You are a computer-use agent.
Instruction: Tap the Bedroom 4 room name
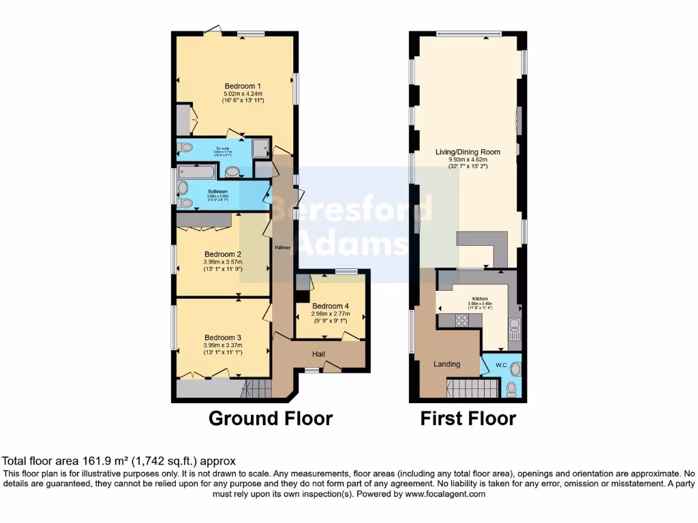click(331, 306)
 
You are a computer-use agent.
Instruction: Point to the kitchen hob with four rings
click(461, 320)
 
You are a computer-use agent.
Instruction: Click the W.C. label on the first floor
click(501, 366)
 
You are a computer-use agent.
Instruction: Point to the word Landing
click(446, 364)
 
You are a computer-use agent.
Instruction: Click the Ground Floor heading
click(270, 418)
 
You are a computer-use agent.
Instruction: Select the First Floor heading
click(468, 418)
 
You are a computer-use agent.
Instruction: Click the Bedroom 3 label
click(223, 337)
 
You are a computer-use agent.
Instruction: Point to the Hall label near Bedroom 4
click(318, 354)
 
